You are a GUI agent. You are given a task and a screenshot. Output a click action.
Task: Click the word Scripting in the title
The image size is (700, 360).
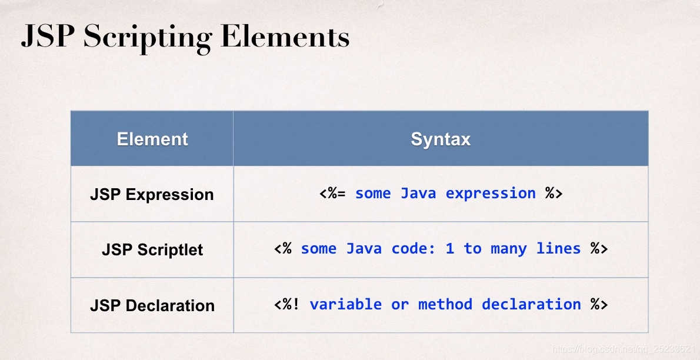[x=146, y=38]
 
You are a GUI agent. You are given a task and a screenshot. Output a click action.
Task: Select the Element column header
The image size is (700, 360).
[x=152, y=139]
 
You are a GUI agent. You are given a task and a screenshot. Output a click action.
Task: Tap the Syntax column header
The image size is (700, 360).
[x=441, y=139]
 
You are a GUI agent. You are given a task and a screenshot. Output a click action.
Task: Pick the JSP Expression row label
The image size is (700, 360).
[x=152, y=195]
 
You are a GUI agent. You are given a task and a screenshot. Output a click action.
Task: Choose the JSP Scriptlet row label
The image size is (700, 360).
[x=152, y=249]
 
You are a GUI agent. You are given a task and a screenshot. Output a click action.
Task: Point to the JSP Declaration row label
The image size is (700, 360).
[x=152, y=305]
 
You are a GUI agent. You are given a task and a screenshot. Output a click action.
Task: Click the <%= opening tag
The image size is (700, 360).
[x=332, y=194]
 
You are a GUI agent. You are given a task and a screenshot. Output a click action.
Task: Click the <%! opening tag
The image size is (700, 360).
[x=287, y=304]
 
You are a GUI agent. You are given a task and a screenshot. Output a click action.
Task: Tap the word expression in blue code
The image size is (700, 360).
[x=491, y=194]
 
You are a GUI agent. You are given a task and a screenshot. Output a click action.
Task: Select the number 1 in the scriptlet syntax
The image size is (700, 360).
[x=450, y=249]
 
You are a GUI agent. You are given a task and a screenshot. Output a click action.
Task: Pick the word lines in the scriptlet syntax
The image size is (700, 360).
[x=558, y=249]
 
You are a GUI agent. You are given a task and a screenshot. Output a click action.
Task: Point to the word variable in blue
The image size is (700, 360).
[x=345, y=304]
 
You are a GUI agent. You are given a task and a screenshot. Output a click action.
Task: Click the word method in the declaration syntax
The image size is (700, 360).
[x=445, y=304]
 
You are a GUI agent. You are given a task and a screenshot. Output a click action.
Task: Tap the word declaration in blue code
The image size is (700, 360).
[x=531, y=304]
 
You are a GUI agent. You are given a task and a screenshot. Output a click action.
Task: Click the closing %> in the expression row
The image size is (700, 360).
[x=554, y=194]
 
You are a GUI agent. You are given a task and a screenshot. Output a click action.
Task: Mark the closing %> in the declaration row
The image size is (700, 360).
[x=599, y=304]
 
